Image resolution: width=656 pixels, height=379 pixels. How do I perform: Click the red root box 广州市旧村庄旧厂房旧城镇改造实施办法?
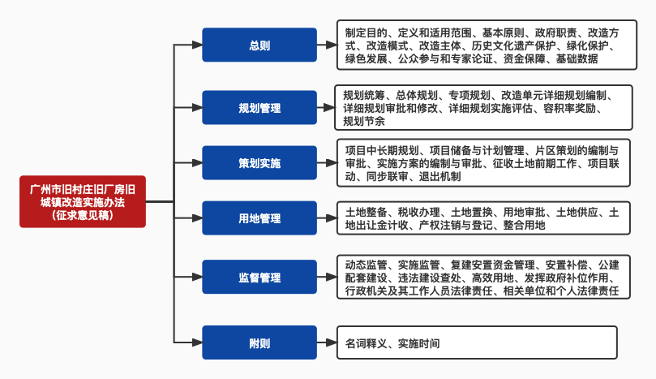pos(82,200)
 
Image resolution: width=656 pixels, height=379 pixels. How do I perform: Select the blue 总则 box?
pos(259,45)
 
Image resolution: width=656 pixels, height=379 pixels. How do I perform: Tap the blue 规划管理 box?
pos(259,107)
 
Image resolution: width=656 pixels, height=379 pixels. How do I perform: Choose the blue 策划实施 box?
pos(259,163)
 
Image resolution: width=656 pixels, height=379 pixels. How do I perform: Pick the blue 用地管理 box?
pos(259,218)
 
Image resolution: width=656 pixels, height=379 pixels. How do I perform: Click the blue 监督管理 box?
pos(259,278)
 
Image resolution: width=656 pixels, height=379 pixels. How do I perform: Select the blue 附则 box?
pos(259,342)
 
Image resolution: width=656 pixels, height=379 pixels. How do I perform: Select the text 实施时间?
pos(418,343)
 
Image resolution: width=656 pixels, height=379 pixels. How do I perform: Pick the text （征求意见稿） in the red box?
pos(82,215)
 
